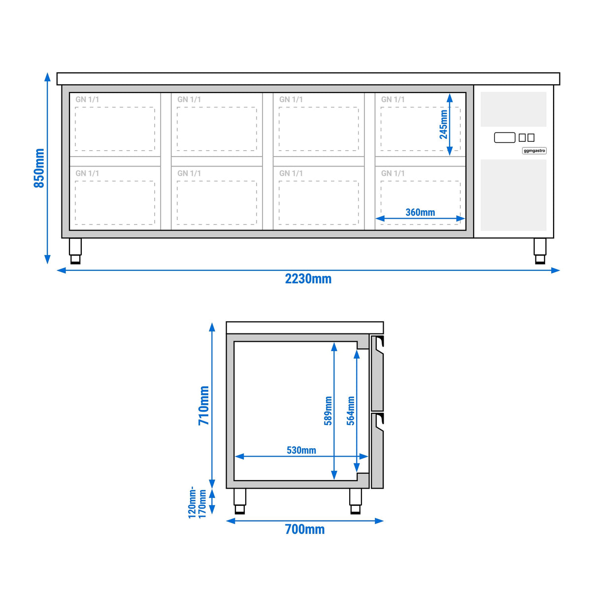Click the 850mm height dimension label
[39, 168]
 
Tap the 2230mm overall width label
[308, 279]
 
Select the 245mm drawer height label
[443, 124]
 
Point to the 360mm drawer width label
[420, 212]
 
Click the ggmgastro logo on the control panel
[534, 151]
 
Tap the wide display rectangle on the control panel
[504, 138]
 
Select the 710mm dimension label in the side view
[203, 405]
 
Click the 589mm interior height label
[328, 411]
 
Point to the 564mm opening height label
[351, 411]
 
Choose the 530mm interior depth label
[301, 450]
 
